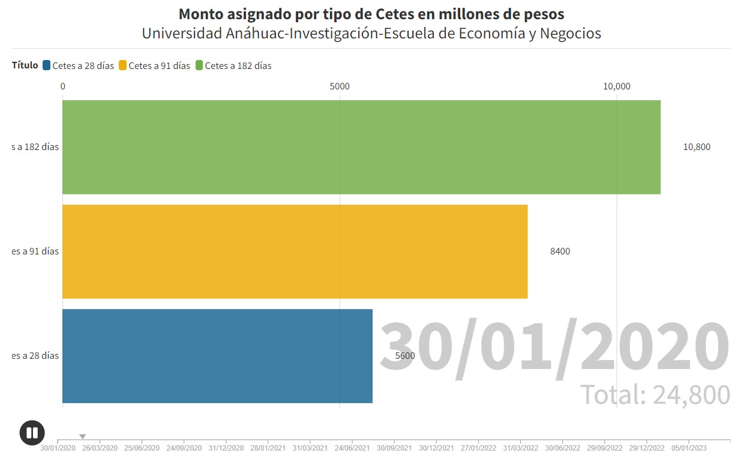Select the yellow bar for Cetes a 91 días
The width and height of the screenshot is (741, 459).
pyautogui.click(x=295, y=251)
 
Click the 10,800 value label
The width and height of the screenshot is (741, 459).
pyautogui.click(x=697, y=147)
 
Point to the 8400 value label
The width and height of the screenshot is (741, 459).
pyautogui.click(x=560, y=251)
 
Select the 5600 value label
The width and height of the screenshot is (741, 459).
pyautogui.click(x=405, y=356)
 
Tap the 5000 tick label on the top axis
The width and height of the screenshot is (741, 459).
pyautogui.click(x=340, y=86)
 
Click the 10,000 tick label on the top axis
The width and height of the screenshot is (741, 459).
pyautogui.click(x=616, y=86)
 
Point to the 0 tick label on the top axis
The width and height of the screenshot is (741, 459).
pyautogui.click(x=63, y=86)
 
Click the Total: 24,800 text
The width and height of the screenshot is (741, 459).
pyautogui.click(x=655, y=394)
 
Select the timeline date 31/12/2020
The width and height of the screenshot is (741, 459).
pyautogui.click(x=226, y=448)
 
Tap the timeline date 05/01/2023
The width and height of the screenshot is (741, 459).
pyautogui.click(x=689, y=448)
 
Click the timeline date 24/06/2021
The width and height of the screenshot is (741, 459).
pyautogui.click(x=352, y=448)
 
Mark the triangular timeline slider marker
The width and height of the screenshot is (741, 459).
pyautogui.click(x=83, y=436)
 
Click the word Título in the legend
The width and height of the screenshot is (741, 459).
pyautogui.click(x=25, y=65)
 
